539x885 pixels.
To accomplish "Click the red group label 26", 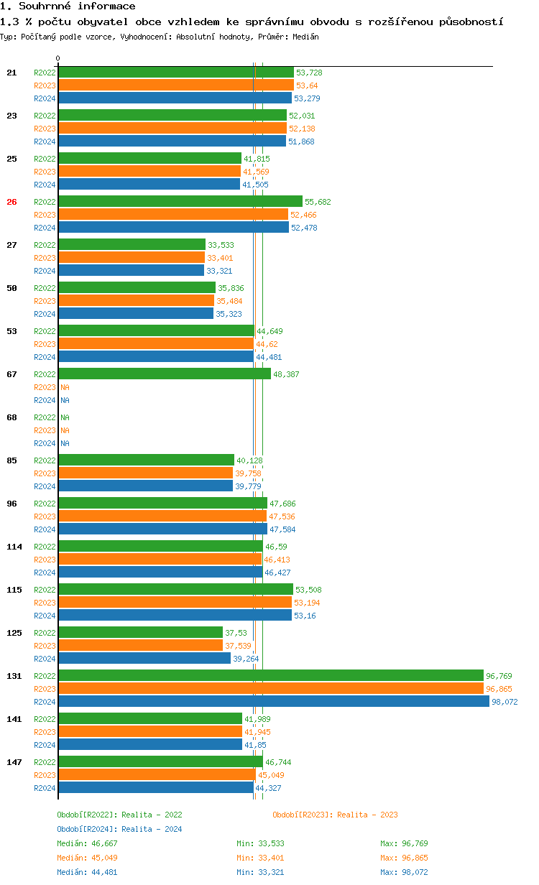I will tap(11, 202).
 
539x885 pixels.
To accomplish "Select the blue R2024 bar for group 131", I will tap(273, 702).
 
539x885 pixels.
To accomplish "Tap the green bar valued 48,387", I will tap(165, 374).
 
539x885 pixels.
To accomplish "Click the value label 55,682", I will tap(318, 202).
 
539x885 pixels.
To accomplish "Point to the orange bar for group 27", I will tap(132, 258).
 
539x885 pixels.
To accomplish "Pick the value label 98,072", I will tap(505, 702).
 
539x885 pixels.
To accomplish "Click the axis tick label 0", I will tap(58, 58).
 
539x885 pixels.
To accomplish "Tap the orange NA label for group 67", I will tap(65, 387).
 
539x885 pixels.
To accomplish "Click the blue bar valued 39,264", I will tap(144, 659).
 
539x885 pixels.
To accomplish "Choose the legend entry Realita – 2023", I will tap(335, 815).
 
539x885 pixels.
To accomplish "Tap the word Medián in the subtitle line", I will tap(305, 36).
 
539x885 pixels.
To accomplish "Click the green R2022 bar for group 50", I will tap(137, 288).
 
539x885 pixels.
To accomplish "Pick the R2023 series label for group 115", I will tap(45, 603).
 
